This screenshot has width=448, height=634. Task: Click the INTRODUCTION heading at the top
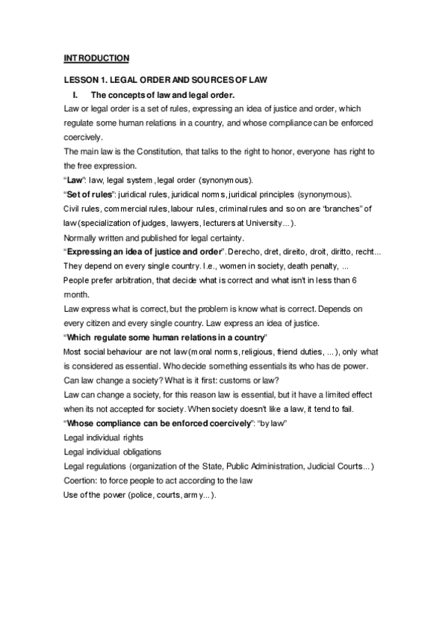coord(97,58)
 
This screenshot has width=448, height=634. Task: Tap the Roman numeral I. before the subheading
coord(75,94)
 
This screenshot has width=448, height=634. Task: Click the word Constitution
coord(147,152)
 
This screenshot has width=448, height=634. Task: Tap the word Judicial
coord(319,467)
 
